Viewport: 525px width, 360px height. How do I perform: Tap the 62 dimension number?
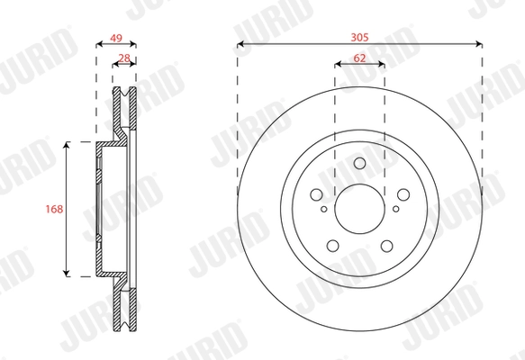[x=360, y=57]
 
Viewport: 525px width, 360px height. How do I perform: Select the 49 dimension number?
[x=115, y=38]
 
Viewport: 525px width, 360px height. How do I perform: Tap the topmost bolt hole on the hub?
[x=360, y=164]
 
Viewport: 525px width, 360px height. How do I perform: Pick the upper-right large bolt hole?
[x=403, y=194]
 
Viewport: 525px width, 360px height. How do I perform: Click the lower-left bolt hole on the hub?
[x=333, y=245]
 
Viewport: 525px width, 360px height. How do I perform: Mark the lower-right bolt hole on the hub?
[x=387, y=245]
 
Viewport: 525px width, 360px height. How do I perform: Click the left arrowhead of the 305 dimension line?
[x=240, y=45]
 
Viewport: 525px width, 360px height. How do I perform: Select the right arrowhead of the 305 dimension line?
[x=479, y=45]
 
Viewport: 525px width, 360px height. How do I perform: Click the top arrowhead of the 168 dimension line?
[x=66, y=145]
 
